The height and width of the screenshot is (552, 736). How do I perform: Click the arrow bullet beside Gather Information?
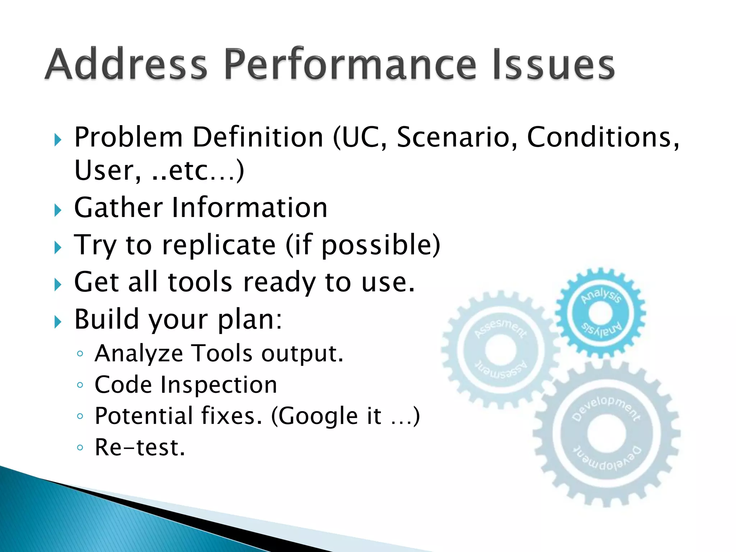click(x=58, y=210)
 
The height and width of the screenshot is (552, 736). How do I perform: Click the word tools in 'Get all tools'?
click(x=200, y=282)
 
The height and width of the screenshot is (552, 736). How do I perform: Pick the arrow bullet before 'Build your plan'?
click(x=58, y=321)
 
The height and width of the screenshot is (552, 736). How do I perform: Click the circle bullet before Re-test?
click(x=80, y=448)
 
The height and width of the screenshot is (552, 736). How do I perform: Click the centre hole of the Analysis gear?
click(x=601, y=313)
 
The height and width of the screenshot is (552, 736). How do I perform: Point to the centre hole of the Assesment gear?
click(x=501, y=349)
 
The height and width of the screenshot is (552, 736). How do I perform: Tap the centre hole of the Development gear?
click(x=607, y=433)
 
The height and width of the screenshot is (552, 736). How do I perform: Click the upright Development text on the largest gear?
click(x=607, y=406)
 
